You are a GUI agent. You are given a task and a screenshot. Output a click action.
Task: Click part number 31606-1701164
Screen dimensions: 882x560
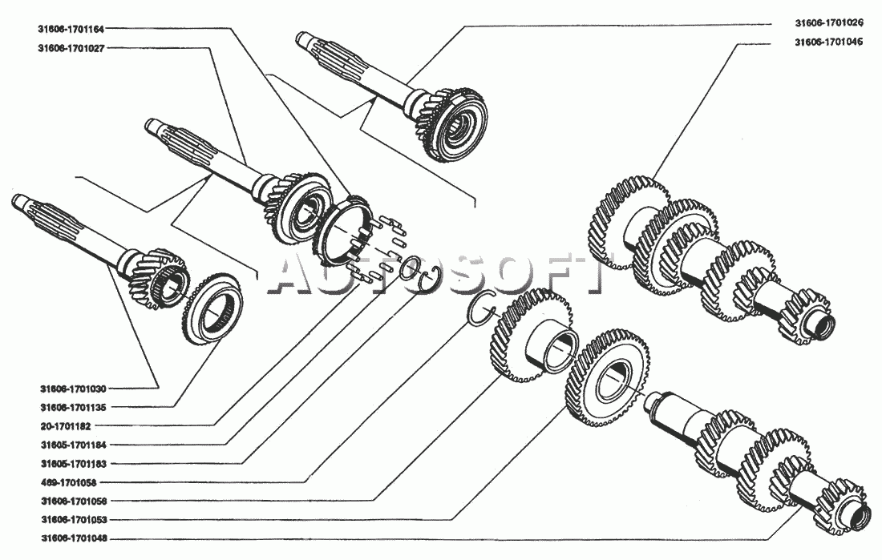click(71, 29)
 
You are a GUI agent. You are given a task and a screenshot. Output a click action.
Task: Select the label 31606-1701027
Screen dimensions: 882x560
click(71, 48)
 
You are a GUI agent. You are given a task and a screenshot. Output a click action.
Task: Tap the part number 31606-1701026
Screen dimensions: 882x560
click(828, 23)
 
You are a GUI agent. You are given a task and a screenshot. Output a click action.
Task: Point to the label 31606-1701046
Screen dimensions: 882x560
click(828, 42)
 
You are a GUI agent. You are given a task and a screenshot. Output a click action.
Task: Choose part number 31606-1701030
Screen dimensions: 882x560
click(73, 389)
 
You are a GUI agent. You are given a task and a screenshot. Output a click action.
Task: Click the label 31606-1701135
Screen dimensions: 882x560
click(73, 407)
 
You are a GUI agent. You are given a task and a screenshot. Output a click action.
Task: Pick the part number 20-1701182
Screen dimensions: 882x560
click(65, 426)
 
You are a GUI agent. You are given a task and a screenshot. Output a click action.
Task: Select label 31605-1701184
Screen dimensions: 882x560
click(73, 445)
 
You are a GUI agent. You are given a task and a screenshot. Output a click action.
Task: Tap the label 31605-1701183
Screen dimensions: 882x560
click(73, 464)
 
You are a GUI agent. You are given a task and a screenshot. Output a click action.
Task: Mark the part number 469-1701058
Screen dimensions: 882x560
click(68, 482)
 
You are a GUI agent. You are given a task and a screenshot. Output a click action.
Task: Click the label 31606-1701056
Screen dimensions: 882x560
click(73, 501)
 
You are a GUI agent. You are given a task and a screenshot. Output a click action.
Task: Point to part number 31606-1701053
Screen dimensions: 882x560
click(73, 520)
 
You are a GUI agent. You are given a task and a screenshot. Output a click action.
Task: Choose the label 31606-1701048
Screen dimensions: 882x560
click(73, 538)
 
